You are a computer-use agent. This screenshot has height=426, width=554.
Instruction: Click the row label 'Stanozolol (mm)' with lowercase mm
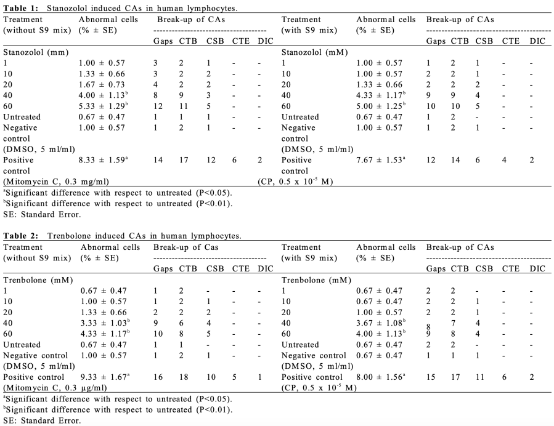[35, 52]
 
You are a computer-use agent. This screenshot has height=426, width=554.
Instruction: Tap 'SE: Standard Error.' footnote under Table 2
[42, 420]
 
